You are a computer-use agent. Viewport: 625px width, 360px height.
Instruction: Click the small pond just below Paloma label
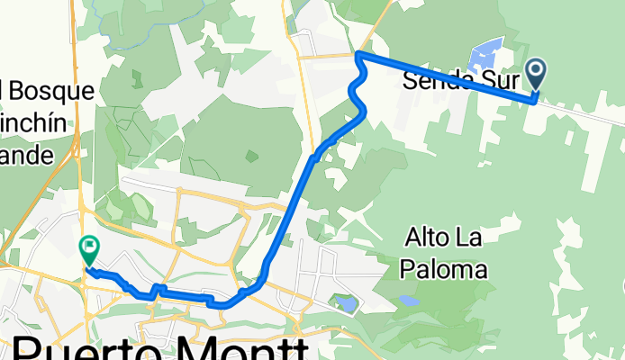pyautogui.click(x=409, y=301)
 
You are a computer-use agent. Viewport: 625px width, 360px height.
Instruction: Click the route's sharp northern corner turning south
pyautogui.click(x=358, y=56)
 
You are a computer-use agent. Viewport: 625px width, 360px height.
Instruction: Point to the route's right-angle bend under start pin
pyautogui.click(x=537, y=100)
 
